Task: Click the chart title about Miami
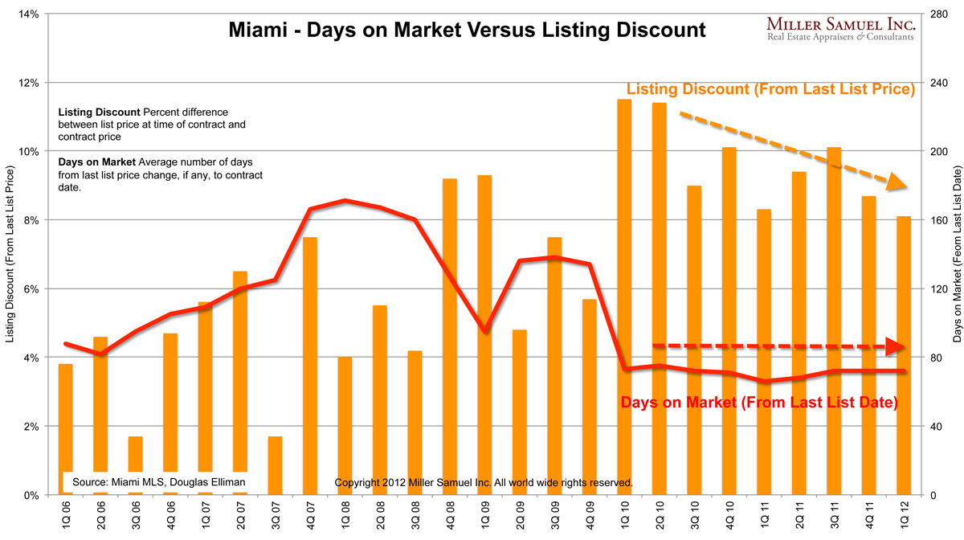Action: coord(467,31)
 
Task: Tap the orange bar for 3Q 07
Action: coord(275,465)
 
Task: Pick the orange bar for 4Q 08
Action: coord(450,337)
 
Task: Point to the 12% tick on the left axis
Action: coord(30,83)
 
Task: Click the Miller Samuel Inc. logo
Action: coord(840,29)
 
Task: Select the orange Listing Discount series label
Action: coord(771,90)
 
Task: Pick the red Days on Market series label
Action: coord(759,402)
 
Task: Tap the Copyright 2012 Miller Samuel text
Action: coord(483,483)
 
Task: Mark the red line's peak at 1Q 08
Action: coord(345,200)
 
